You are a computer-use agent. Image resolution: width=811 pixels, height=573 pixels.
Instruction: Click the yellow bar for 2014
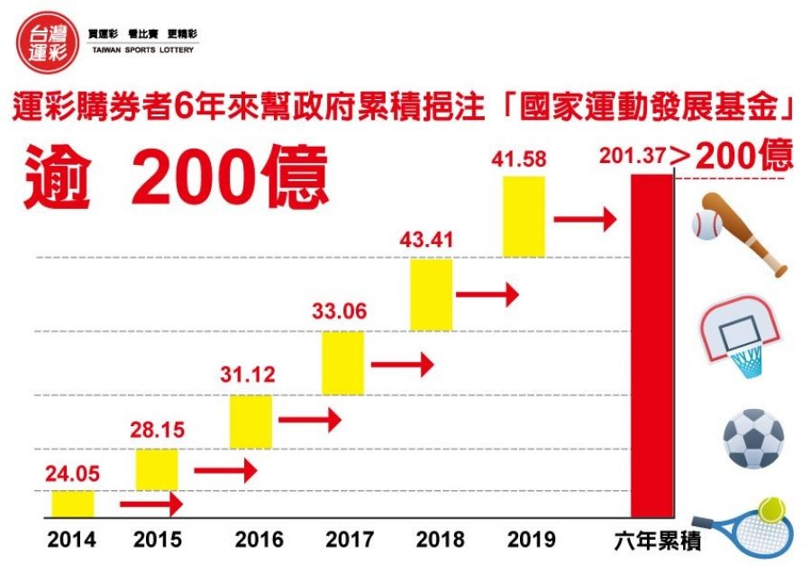coord(72,504)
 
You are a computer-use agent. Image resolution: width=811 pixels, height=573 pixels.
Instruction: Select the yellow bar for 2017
coord(343,362)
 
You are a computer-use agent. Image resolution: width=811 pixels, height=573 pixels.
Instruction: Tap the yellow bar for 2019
coord(524,216)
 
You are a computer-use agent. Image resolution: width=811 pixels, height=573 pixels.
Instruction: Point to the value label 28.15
coord(159,430)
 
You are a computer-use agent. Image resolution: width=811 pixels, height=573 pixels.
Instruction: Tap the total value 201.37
coord(633,158)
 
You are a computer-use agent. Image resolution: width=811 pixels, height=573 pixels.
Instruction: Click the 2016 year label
coord(260,541)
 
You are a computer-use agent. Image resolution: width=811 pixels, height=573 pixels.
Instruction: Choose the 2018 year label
coord(441,541)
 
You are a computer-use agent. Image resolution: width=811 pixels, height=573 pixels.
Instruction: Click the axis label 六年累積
coord(651,541)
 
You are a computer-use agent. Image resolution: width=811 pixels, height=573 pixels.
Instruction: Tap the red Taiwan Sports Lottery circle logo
coord(45,41)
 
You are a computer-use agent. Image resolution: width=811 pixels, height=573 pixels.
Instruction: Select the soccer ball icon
coord(753,439)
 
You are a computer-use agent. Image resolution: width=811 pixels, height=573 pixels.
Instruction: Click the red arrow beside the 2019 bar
coord(584,218)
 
